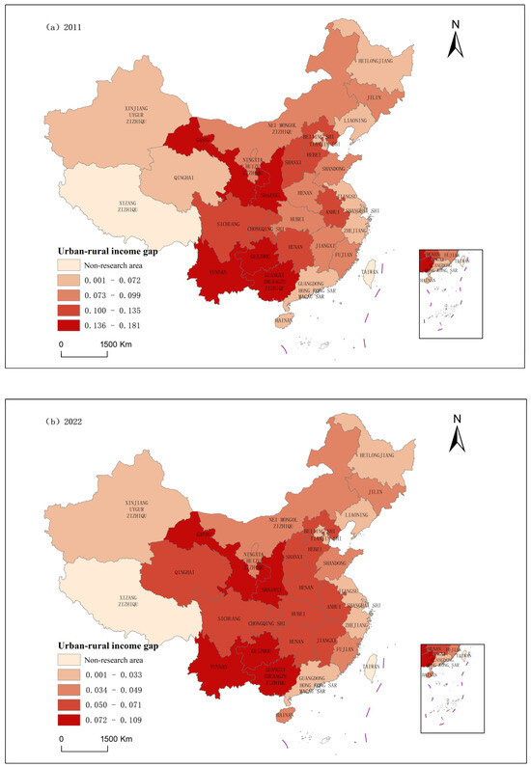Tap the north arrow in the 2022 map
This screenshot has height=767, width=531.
point(460,431)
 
